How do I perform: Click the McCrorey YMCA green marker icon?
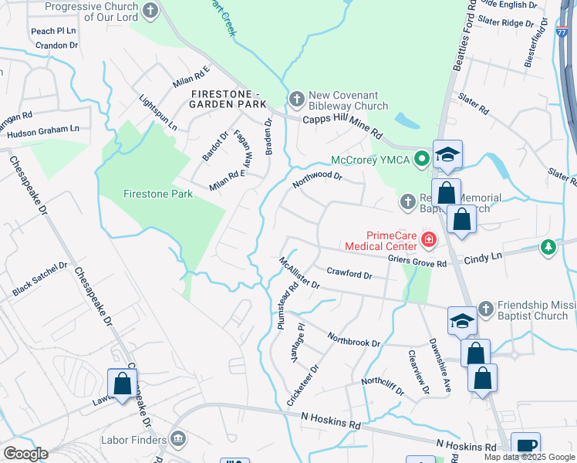point(421,161)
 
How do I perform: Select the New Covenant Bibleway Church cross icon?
point(297,99)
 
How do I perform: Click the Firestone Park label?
point(158,194)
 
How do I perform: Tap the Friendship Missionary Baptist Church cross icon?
point(485,308)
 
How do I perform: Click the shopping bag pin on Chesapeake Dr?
point(123,384)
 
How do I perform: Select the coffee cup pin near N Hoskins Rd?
point(525,445)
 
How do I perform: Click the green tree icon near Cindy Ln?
point(548,247)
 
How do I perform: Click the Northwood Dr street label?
point(316,181)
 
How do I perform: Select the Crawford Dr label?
point(349,273)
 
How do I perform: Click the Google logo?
point(25,454)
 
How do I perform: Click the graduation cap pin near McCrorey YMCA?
point(447,154)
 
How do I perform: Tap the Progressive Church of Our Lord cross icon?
point(150,11)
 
